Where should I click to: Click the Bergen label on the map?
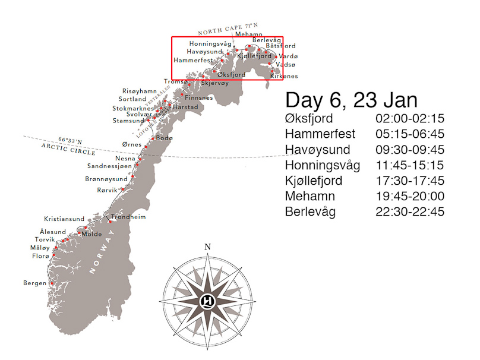coord(34,283)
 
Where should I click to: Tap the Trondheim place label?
coord(128,217)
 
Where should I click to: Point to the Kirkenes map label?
coord(284,77)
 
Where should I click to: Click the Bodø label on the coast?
coord(164,138)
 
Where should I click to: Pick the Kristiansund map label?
coord(64,219)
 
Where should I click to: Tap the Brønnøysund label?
coord(106,179)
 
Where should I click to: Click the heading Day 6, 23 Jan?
coord(351,99)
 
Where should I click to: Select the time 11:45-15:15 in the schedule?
coord(409,165)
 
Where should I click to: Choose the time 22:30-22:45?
coord(409,211)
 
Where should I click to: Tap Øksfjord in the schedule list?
coord(309,118)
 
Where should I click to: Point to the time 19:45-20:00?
coord(409,196)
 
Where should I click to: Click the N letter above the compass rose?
coord(207,248)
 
